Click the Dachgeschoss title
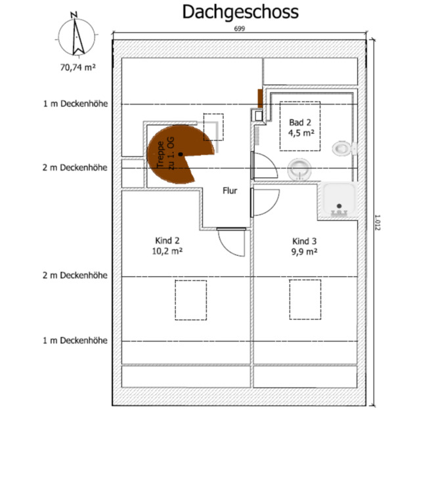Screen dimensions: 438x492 240,12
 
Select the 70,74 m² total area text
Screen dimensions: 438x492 78,67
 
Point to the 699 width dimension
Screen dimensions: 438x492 240,29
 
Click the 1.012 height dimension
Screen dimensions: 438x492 378,222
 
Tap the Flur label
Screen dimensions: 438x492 230,190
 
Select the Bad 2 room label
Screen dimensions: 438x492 300,123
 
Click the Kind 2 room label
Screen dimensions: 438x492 167,241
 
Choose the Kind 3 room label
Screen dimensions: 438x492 305,241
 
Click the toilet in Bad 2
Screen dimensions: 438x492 345,148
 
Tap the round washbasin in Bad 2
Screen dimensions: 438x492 299,169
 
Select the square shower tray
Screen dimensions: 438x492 339,200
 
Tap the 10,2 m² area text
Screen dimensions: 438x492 167,251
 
